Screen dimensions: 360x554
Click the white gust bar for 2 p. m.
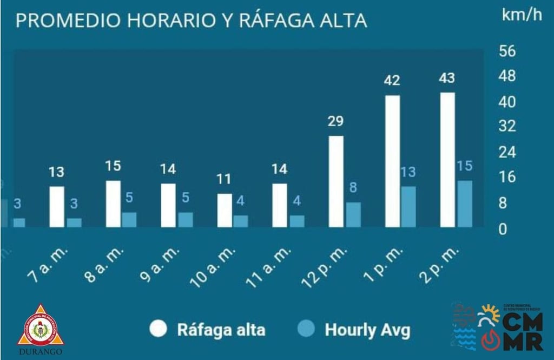point(447,160)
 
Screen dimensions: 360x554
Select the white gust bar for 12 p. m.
point(336,181)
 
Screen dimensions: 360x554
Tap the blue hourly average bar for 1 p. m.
point(408,206)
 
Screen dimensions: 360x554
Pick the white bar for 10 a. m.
point(225,210)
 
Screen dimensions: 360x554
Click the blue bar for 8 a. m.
point(129,219)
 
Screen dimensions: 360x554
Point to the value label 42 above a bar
point(392,81)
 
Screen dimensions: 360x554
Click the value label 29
point(335,121)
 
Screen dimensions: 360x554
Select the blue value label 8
point(353,188)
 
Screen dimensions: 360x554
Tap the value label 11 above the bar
point(224,179)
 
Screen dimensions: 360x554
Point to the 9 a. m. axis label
point(160,265)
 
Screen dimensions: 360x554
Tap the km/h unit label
point(522,15)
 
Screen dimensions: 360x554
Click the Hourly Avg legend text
point(367,330)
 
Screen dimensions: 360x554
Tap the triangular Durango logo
point(40,328)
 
